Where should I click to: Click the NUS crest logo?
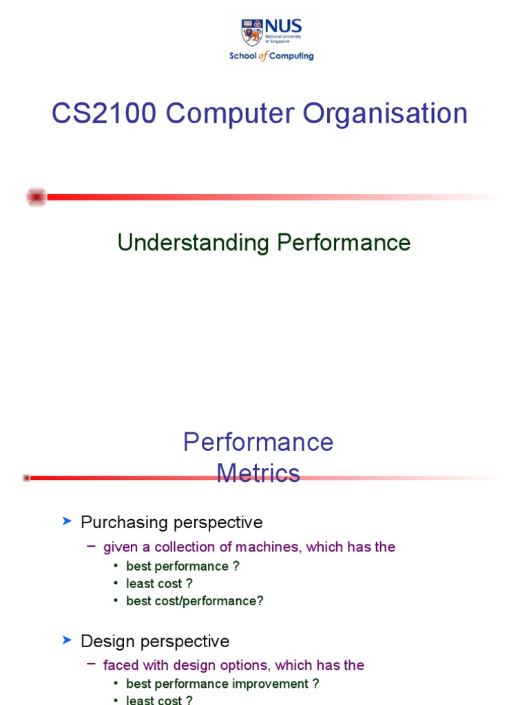[252, 32]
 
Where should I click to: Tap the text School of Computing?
[271, 56]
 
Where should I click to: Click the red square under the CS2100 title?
[37, 197]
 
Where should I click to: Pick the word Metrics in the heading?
[258, 473]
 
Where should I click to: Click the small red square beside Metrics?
[26, 478]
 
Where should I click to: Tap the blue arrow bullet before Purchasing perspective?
[67, 522]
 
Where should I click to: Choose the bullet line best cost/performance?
[195, 600]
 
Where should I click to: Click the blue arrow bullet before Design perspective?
[67, 640]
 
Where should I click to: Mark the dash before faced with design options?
[92, 664]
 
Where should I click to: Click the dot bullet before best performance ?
[116, 567]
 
